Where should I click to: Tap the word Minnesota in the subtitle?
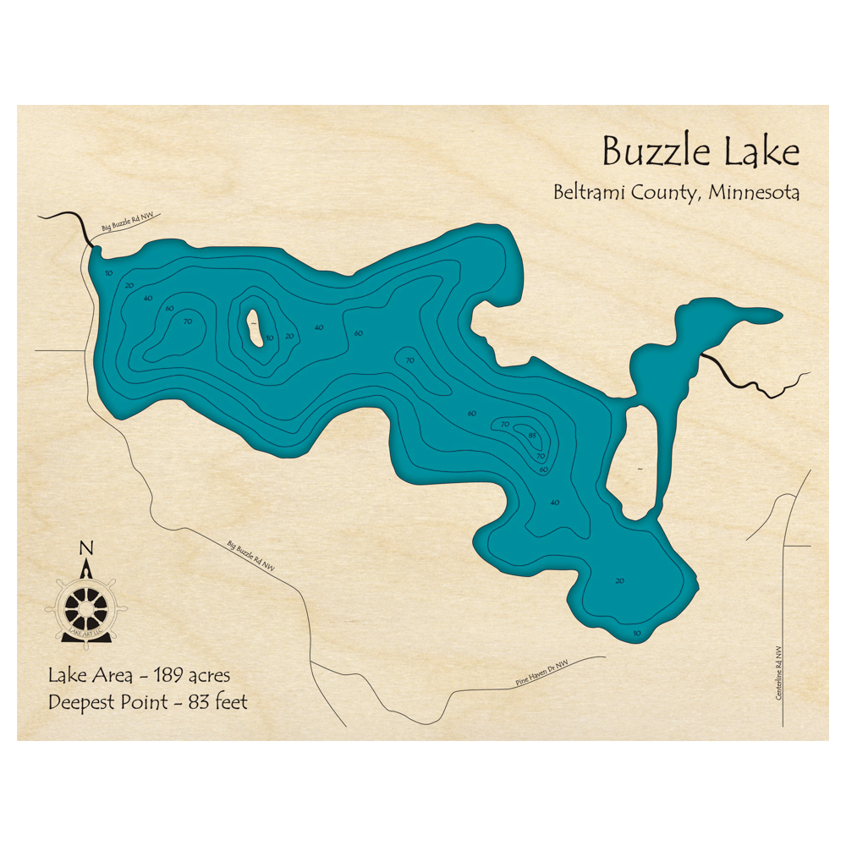click(755, 192)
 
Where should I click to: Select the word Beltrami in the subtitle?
click(590, 192)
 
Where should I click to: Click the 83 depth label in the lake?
click(532, 436)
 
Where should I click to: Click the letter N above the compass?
click(85, 548)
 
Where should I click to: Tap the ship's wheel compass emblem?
click(85, 605)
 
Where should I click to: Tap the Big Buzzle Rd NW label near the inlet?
click(127, 222)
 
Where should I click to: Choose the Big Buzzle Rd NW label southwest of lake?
click(252, 555)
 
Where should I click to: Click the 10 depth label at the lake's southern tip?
click(637, 633)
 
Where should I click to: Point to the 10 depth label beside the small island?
click(270, 338)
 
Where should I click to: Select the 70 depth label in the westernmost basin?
click(188, 321)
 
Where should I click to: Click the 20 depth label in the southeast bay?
click(620, 580)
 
